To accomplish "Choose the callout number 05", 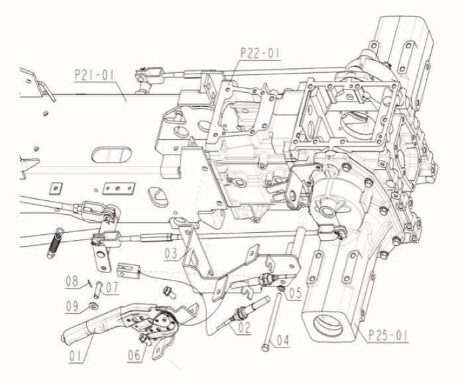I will point(295,290).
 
